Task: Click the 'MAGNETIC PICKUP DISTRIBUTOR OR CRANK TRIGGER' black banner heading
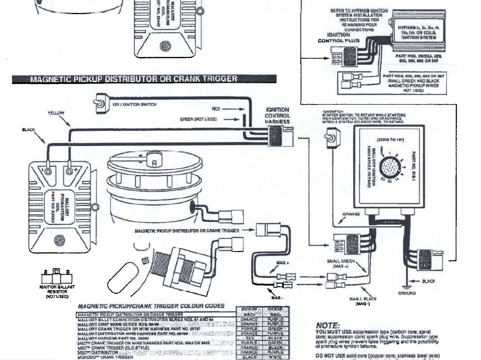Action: [x=144, y=79]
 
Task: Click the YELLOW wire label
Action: [x=56, y=113]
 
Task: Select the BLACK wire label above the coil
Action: [x=29, y=130]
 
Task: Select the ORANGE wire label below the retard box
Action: [x=351, y=214]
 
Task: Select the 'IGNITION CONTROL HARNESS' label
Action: [x=277, y=116]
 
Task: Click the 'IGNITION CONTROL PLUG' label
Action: [x=339, y=38]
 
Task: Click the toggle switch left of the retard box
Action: [x=329, y=140]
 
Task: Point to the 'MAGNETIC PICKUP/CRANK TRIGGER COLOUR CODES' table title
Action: [x=151, y=306]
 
